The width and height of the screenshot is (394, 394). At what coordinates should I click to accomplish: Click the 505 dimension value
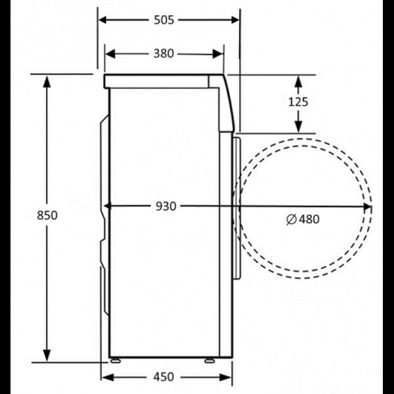click(164, 20)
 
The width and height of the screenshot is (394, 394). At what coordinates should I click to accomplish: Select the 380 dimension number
click(164, 54)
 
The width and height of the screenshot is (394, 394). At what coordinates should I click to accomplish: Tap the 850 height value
click(47, 215)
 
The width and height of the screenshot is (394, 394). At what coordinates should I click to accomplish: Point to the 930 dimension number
click(166, 206)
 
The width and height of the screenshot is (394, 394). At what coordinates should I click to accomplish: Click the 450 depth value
click(164, 377)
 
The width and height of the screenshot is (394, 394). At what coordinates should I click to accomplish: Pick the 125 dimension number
click(298, 102)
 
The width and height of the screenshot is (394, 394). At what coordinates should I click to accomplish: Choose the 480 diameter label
click(309, 219)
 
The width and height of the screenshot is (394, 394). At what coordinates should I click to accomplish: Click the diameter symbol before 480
click(292, 219)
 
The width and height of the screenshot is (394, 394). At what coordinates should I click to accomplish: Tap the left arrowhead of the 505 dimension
click(103, 20)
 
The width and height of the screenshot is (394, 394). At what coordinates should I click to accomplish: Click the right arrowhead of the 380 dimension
click(218, 54)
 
